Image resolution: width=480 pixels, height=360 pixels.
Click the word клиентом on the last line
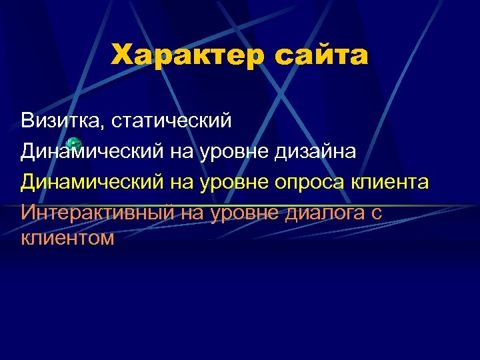pyautogui.click(x=67, y=237)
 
